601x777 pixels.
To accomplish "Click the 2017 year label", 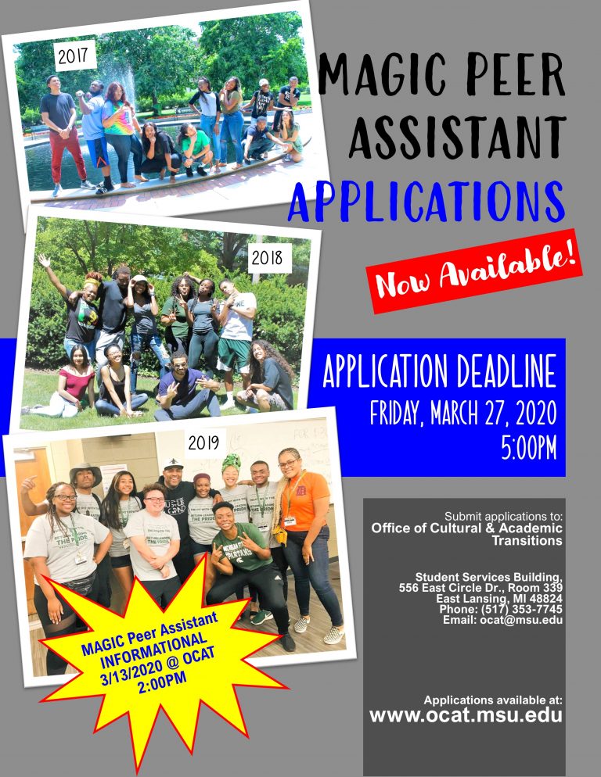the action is [74, 56].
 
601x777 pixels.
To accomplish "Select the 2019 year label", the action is [204, 442].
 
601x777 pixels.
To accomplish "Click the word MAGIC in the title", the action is [384, 75].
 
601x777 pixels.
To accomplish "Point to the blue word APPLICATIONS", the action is [426, 202].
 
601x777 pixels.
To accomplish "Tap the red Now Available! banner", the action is [474, 270].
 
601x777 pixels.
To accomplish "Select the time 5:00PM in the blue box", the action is [528, 448].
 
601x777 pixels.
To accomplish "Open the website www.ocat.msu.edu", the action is [466, 715].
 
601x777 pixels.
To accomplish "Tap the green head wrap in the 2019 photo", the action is [232, 462].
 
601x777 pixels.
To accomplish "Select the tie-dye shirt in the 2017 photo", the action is [117, 118].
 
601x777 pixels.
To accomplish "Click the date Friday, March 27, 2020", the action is [463, 414].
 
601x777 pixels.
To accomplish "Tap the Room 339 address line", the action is [480, 588].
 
